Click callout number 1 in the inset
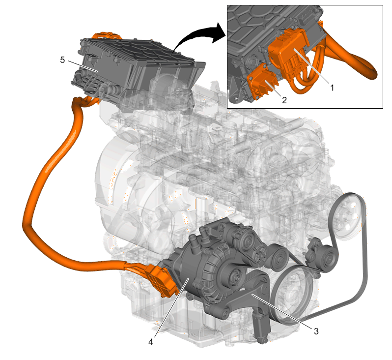point(332,88)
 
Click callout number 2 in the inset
point(284,100)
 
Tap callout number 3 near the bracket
point(316,331)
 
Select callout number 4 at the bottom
point(150,341)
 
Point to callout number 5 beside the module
point(62,60)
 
